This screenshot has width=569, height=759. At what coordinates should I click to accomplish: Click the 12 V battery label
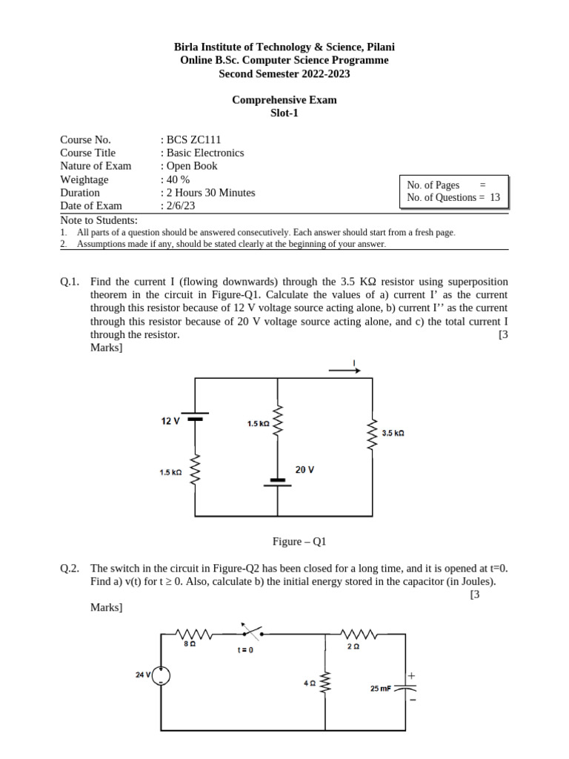[x=170, y=421]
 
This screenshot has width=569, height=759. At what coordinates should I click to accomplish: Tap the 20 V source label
[x=305, y=470]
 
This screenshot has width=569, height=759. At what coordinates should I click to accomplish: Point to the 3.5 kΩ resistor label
[x=393, y=433]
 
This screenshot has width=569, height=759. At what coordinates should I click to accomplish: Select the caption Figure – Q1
[x=299, y=542]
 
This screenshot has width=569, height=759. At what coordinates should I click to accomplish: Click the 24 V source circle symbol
[x=162, y=676]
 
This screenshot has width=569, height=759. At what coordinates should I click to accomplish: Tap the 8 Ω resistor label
[x=190, y=645]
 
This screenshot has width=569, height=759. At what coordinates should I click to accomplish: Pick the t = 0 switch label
[x=245, y=650]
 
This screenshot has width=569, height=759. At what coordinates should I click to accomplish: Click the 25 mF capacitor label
[x=381, y=689]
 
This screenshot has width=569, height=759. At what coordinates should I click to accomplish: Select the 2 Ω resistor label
[x=353, y=646]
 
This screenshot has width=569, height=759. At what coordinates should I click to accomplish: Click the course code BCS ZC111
[x=193, y=139]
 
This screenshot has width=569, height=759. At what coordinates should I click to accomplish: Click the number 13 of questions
[x=495, y=197]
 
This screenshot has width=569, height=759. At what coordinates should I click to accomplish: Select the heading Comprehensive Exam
[x=284, y=100]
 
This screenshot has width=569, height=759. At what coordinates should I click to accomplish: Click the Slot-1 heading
[x=284, y=113]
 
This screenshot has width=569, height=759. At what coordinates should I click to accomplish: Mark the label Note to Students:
[x=99, y=220]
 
